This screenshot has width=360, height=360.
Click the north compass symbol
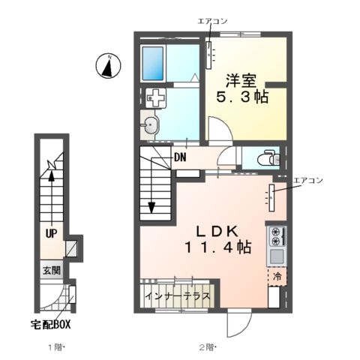(x=108, y=67)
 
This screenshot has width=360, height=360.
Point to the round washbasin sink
(x=151, y=126)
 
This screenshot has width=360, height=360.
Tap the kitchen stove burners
(x=275, y=237)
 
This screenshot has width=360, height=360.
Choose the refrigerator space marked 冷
(x=275, y=277)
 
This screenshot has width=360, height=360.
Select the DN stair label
(x=181, y=157)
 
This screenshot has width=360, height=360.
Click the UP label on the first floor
(x=50, y=233)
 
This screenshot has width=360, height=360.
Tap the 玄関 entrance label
(x=50, y=271)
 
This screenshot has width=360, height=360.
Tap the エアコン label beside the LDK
(x=307, y=180)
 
